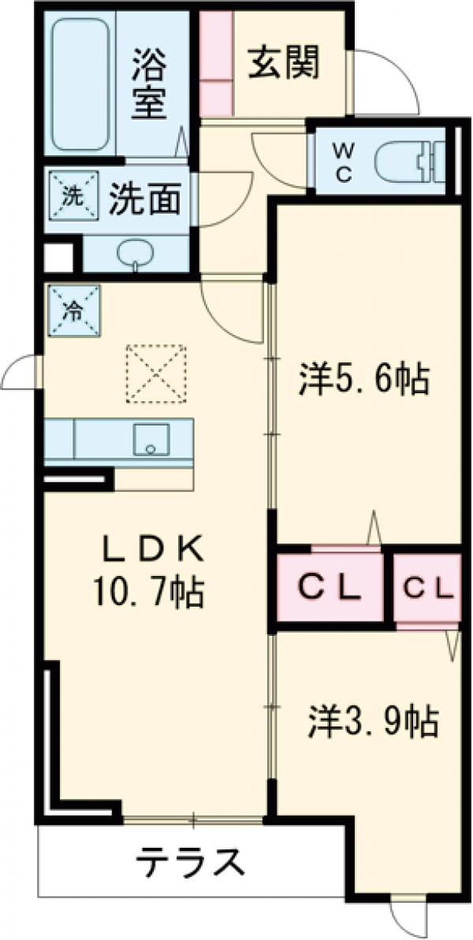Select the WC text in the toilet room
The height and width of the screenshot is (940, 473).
pyautogui.click(x=342, y=162)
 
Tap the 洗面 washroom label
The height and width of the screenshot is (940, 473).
pyautogui.click(x=145, y=199)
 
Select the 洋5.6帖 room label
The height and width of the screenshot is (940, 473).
pyautogui.click(x=364, y=379)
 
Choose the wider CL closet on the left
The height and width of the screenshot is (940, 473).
pyautogui.click(x=330, y=588)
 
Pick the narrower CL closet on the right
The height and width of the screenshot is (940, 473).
pyautogui.click(x=428, y=588)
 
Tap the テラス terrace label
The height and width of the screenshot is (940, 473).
pyautogui.click(x=189, y=861)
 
